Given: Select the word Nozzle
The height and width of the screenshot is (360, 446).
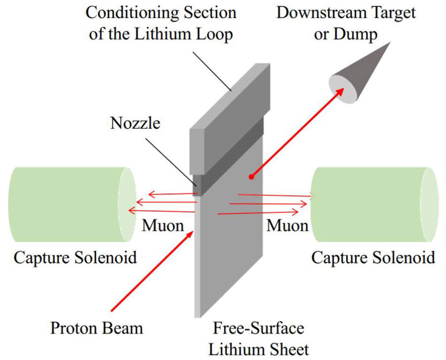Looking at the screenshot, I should click(135, 123).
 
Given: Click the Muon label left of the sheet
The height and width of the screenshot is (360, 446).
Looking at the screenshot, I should click(163, 226).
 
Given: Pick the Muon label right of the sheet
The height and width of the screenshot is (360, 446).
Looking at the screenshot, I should click(287, 226).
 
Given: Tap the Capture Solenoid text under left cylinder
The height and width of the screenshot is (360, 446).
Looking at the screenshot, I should click(75, 258).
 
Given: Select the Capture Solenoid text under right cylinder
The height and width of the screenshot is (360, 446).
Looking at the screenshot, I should click(373, 258).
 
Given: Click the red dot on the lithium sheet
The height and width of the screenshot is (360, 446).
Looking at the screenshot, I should click(252, 177).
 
